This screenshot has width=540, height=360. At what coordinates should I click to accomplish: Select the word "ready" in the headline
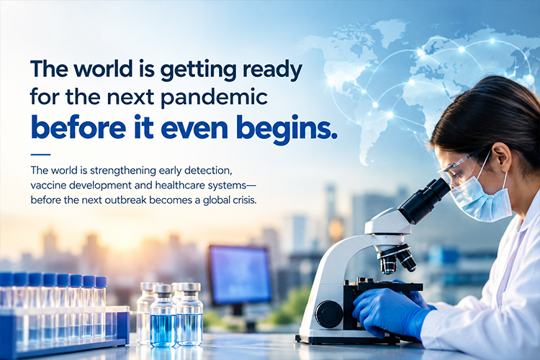pos(272,71)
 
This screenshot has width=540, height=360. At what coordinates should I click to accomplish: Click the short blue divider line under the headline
pos(40,155)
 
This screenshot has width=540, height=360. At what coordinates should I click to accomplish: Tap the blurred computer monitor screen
pos(240,275)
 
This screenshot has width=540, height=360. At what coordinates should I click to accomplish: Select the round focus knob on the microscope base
pos(329,314)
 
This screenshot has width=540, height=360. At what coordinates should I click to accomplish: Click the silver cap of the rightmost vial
pos(189,287)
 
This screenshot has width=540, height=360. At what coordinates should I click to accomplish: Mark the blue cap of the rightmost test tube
pos(101,282)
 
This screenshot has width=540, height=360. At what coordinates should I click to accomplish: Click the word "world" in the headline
pos(103,68)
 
